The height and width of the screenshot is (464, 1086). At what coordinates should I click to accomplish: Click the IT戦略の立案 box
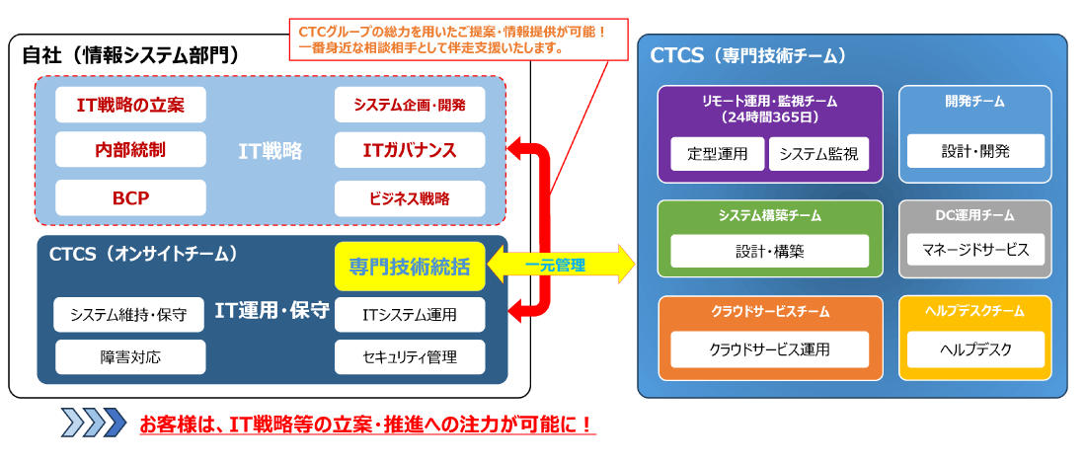130,104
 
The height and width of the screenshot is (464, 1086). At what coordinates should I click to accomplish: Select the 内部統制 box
130,150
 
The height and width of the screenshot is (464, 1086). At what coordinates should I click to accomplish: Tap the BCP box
130,197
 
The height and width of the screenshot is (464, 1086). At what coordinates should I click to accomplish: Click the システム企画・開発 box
410,104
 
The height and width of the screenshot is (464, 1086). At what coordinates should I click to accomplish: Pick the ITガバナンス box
410,150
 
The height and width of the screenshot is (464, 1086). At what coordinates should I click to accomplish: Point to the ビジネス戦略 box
410,197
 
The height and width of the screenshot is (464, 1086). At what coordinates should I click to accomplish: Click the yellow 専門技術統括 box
410,267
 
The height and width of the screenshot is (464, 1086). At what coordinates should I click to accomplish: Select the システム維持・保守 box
130,315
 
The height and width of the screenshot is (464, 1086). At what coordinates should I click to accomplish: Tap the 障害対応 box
130,356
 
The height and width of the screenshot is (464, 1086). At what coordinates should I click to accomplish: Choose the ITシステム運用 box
410,315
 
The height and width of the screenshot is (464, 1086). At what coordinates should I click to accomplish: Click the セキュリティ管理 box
410,356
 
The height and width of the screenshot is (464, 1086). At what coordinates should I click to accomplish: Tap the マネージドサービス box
975,250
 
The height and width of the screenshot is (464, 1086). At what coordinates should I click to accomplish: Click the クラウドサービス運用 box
769,348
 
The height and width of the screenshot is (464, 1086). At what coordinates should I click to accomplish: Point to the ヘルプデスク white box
975,348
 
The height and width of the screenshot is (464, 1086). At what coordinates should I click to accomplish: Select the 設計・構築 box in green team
769,251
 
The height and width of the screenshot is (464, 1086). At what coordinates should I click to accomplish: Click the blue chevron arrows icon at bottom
94,424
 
